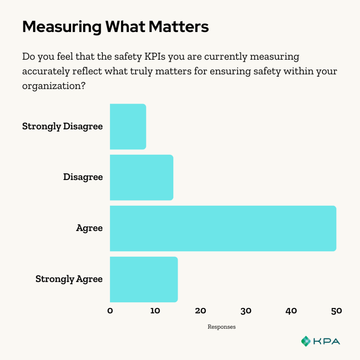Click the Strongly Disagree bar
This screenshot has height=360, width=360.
(x=128, y=127)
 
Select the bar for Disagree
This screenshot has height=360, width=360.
(x=142, y=178)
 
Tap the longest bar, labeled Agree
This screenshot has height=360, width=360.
(x=223, y=229)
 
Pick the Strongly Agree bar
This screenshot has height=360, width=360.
(x=144, y=279)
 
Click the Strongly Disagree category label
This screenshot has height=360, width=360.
(x=63, y=126)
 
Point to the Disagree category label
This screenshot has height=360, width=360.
(x=83, y=177)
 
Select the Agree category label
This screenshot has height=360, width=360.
(x=89, y=228)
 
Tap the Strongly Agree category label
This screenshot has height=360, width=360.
(x=69, y=279)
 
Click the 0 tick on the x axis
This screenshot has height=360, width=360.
(x=110, y=311)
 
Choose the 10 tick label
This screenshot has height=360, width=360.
(x=155, y=311)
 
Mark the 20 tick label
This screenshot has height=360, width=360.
(x=200, y=311)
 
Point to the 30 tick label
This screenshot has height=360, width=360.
(x=246, y=311)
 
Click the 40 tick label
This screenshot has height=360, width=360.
(x=291, y=311)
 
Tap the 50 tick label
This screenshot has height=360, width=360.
(x=336, y=311)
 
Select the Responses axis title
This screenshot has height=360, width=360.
(x=221, y=327)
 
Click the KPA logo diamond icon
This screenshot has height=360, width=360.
(x=306, y=341)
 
